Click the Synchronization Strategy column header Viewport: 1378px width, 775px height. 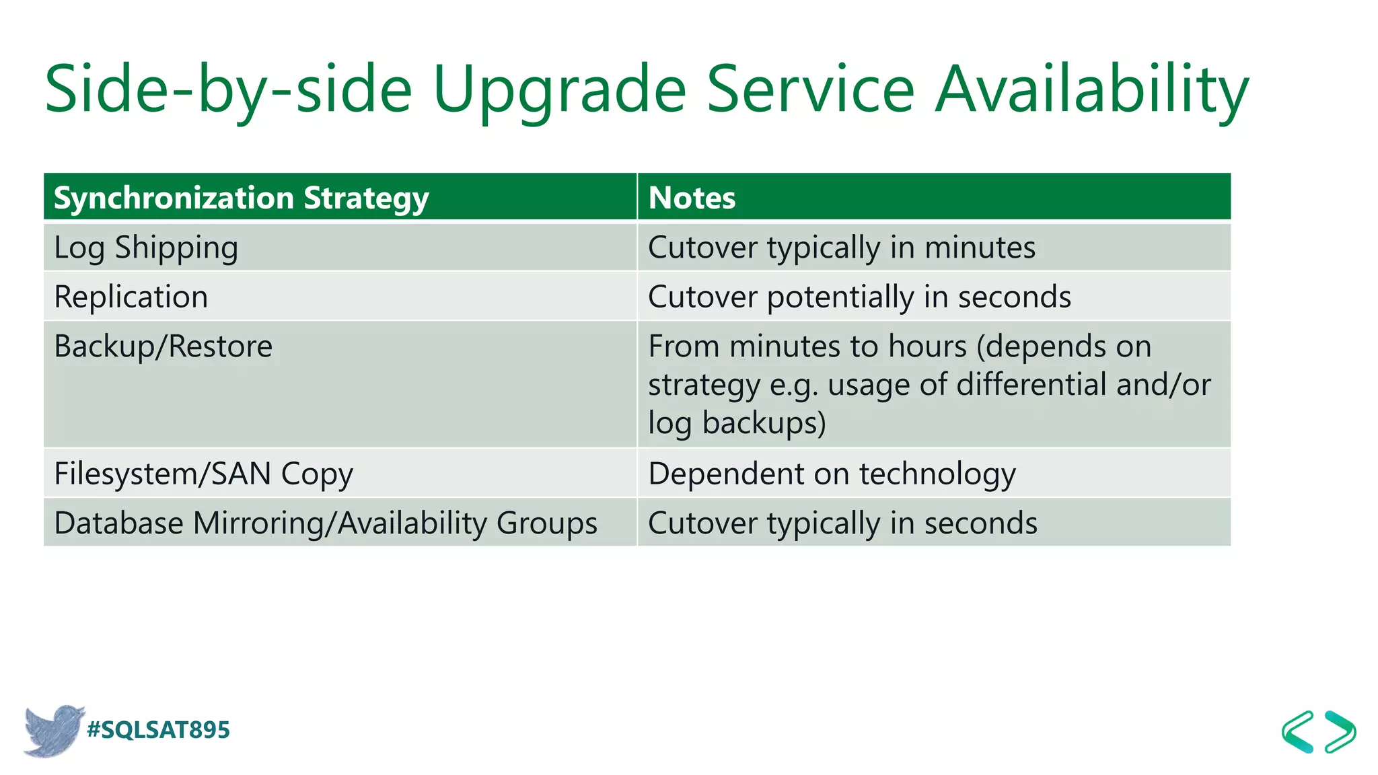(x=241, y=198)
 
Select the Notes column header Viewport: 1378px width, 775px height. (x=692, y=198)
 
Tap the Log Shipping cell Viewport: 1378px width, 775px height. (x=146, y=248)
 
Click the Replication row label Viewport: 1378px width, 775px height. (x=131, y=297)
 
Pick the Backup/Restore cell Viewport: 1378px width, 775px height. (x=164, y=346)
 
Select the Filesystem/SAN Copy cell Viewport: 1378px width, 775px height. (x=203, y=474)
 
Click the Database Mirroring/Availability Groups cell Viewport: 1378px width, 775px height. (x=326, y=523)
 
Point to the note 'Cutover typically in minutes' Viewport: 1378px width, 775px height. (x=841, y=248)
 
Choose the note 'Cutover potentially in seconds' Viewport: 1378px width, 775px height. (x=859, y=297)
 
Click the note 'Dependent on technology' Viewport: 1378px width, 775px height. (x=832, y=474)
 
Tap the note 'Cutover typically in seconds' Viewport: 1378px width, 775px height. (x=842, y=523)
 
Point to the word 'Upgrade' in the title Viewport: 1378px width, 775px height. (x=558, y=89)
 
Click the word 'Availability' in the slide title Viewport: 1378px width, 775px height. (x=1092, y=89)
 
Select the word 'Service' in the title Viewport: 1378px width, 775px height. (x=810, y=89)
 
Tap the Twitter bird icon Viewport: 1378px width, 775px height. (x=54, y=731)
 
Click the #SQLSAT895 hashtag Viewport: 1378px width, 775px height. (x=159, y=730)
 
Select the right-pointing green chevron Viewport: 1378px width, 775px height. (x=1340, y=732)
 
